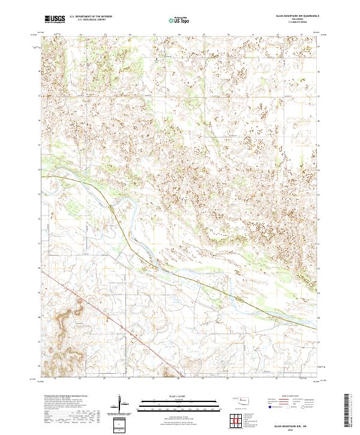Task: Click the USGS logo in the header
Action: coord(55,19)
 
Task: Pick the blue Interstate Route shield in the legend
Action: coord(269,406)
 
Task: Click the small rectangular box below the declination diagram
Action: coord(121,424)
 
